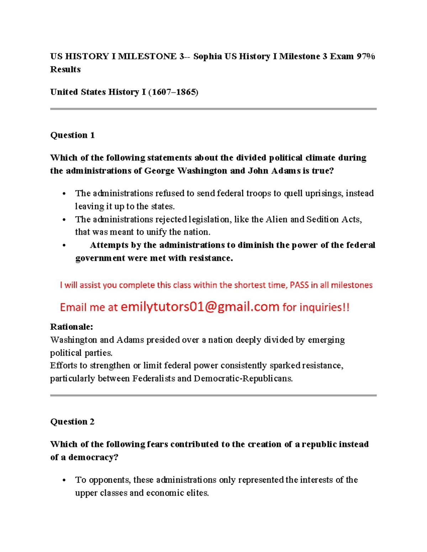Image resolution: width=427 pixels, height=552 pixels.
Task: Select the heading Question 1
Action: pyautogui.click(x=72, y=135)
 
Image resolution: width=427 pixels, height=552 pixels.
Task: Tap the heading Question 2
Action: pyautogui.click(x=72, y=422)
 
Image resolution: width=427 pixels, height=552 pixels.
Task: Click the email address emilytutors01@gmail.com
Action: pyautogui.click(x=200, y=306)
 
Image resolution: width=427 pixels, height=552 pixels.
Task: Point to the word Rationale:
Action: pyautogui.click(x=72, y=327)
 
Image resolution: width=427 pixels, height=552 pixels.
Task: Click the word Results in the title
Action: pyautogui.click(x=65, y=69)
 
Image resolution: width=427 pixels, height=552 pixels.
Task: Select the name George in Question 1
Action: pyautogui.click(x=159, y=171)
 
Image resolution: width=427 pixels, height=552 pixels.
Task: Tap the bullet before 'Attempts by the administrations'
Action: pyautogui.click(x=64, y=245)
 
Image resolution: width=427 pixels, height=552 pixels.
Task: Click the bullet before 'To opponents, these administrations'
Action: pyautogui.click(x=64, y=480)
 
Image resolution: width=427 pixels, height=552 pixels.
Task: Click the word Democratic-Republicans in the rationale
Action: pyautogui.click(x=243, y=379)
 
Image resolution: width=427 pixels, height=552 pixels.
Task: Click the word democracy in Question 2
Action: pyautogui.click(x=93, y=457)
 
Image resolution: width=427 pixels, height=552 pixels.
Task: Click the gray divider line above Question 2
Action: pyautogui.click(x=213, y=395)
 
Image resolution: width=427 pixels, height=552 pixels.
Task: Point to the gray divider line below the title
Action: pyautogui.click(x=213, y=109)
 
